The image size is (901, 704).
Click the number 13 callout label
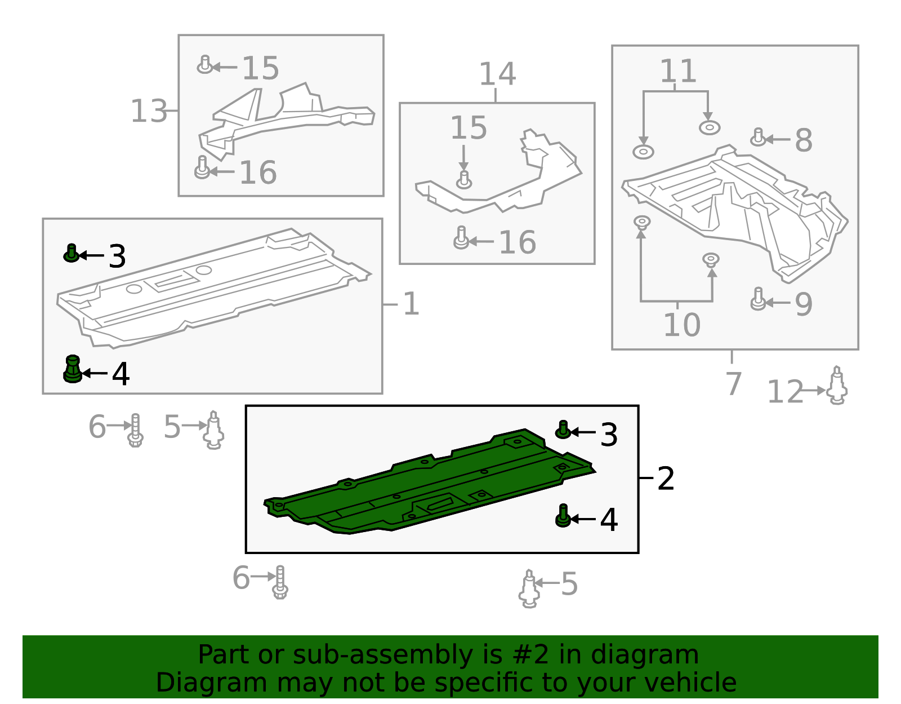(149, 111)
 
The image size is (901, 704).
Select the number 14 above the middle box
(497, 74)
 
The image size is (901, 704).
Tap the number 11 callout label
(677, 70)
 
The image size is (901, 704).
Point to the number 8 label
(804, 140)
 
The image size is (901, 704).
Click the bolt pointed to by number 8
(757, 138)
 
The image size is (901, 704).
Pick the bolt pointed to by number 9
(758, 299)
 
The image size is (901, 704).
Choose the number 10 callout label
(682, 325)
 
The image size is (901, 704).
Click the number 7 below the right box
(734, 384)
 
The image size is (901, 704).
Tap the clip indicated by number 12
(837, 385)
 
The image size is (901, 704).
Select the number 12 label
(786, 391)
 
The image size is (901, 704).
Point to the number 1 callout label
(411, 304)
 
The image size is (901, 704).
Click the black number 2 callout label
(666, 479)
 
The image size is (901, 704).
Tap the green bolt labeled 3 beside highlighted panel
(563, 430)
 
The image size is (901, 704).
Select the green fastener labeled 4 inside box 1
(73, 369)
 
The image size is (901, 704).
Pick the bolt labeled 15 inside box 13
(204, 65)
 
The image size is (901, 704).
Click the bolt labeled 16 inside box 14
(461, 238)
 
